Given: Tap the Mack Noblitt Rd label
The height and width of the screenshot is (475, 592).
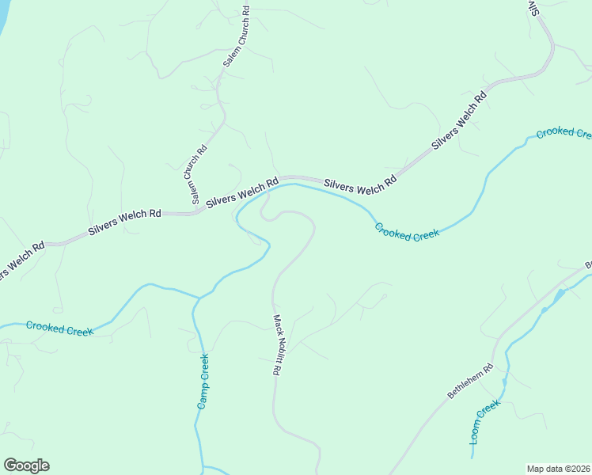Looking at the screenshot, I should tap(277, 344).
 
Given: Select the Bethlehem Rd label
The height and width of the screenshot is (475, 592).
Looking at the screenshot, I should tap(470, 381).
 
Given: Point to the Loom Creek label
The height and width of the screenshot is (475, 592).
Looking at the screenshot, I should tap(486, 422).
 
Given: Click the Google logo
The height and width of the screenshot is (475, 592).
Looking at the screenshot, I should tap(26, 465).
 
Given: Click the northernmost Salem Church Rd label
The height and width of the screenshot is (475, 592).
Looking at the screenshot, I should tap(236, 37).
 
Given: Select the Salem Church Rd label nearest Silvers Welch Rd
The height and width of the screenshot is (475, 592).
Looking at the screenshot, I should tap(199, 175).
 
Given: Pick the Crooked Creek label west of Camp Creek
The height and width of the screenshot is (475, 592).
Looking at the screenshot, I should tap(59, 328).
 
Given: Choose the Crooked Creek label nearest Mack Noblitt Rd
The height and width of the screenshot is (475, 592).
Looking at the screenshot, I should tap(408, 232).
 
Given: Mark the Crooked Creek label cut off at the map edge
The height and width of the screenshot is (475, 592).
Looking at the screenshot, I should tap(564, 132).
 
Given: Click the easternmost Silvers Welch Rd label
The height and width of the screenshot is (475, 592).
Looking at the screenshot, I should tap(459, 122).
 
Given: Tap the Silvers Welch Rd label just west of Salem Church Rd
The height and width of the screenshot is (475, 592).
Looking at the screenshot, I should tap(125, 221).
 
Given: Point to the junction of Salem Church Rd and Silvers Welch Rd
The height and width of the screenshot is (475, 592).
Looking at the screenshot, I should tap(195, 212).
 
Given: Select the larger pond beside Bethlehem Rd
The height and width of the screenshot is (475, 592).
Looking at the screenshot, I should tap(559, 295).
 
